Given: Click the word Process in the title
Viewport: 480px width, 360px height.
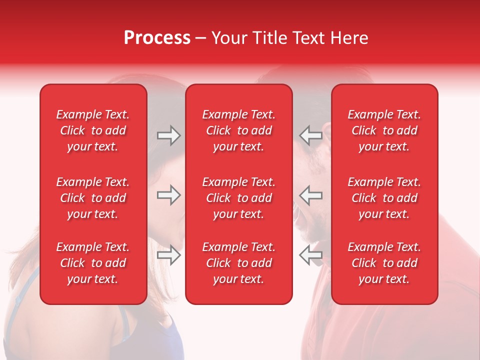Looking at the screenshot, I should click(157, 38).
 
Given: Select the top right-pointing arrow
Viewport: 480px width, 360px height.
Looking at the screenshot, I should click(168, 135).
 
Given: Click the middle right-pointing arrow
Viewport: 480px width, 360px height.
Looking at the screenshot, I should click(168, 195).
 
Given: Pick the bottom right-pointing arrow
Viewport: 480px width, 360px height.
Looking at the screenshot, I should click(168, 255).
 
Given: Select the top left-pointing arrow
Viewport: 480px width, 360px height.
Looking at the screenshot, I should click(310, 135).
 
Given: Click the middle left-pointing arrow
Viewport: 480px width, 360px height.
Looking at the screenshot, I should click(310, 195).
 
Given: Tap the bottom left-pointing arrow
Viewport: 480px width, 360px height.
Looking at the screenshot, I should click(310, 255).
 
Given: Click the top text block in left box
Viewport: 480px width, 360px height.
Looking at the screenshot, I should click(93, 130).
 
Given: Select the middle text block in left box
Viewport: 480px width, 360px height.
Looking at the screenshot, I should click(93, 198).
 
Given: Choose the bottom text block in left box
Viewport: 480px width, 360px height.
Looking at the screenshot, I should click(93, 263).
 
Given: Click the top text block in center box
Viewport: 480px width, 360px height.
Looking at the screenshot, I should click(239, 130).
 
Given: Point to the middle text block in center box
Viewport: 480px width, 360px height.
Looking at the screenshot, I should click(239, 198).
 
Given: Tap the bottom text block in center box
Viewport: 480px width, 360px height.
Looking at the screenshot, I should click(239, 263).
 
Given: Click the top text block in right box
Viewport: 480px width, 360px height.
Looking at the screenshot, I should click(384, 130).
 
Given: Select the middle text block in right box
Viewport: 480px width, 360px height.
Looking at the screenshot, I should click(384, 198).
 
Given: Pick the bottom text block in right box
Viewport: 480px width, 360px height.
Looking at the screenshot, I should click(384, 263).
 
